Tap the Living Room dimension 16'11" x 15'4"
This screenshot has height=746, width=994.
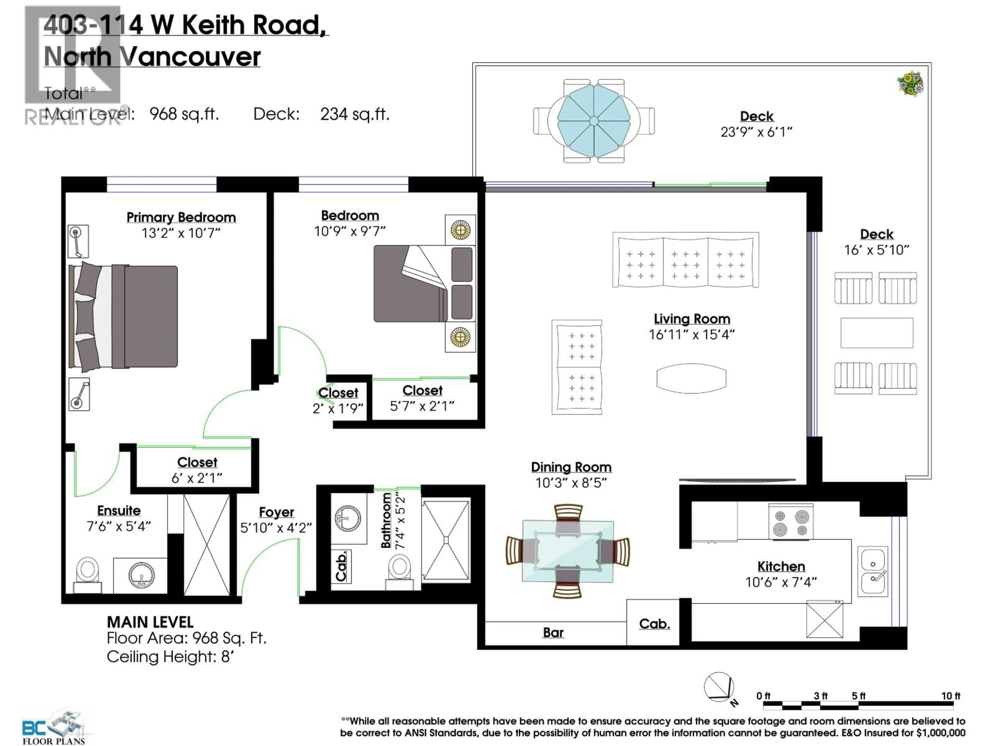coord(692,335)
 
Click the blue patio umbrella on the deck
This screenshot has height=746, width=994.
coord(594,121)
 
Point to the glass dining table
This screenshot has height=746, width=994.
coord(568,551)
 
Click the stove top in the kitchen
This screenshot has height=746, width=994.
coord(791,522)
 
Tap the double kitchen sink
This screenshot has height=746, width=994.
coord(873,571)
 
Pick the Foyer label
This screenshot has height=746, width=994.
coord(276,512)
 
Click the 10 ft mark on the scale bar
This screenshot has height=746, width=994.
coord(951,696)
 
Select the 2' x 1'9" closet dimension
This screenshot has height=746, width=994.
coord(338,408)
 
